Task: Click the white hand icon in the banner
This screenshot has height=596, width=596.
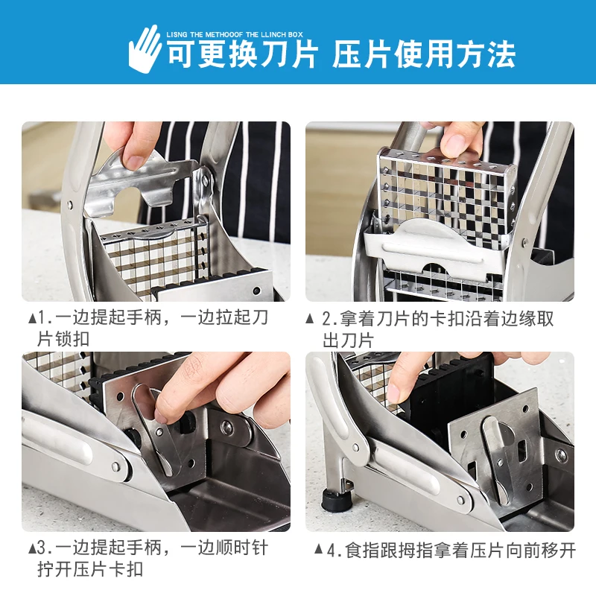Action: (145, 49)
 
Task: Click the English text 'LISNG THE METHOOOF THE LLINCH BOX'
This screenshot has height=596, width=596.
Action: (235, 34)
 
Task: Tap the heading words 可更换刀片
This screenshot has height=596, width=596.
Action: (242, 54)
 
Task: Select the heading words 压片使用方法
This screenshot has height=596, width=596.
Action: (424, 54)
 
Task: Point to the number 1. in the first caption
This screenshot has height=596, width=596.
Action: (45, 318)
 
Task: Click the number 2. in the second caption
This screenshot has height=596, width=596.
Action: (329, 320)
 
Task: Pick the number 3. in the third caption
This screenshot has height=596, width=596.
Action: (45, 548)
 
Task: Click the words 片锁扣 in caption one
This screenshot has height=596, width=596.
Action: (63, 339)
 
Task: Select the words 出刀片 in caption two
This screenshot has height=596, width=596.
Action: (348, 340)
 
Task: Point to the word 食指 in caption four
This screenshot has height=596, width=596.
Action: (362, 551)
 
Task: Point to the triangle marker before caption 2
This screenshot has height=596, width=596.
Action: (310, 319)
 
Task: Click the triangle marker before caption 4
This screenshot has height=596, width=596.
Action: (320, 549)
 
